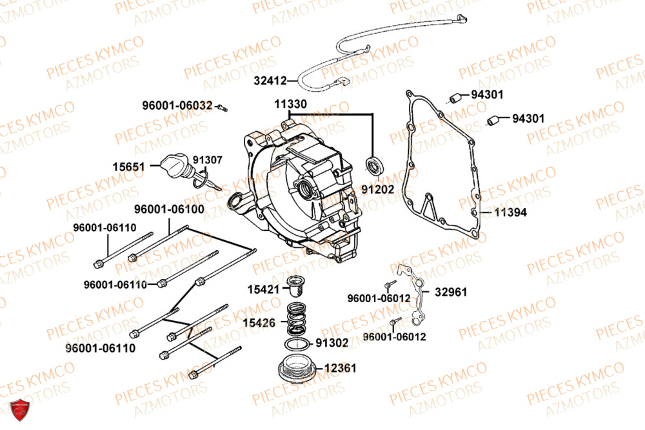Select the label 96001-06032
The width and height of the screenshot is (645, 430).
coord(177,105)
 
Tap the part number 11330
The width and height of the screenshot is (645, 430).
coord(290,103)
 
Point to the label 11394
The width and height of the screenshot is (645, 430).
coord(510,212)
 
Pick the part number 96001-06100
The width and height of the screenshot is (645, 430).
coord(170,210)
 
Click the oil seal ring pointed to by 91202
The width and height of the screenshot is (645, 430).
coord(374,166)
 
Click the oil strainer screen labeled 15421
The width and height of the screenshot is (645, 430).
coord(297,285)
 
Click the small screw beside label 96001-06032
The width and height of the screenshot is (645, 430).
coord(223,107)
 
